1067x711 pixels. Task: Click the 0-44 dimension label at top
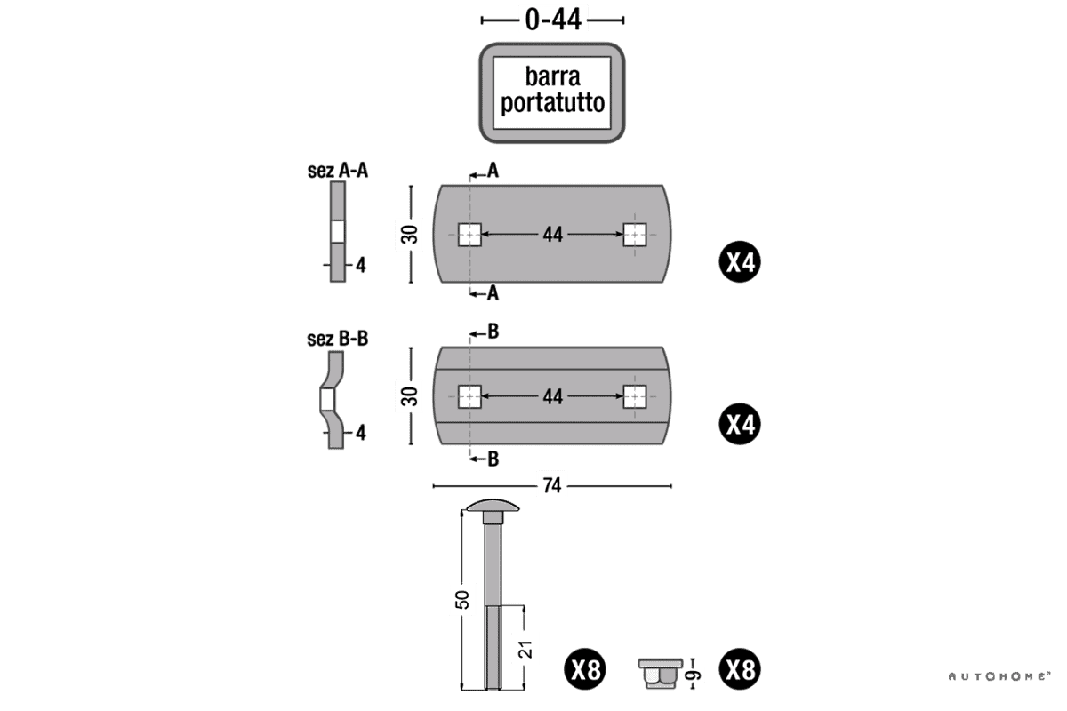pos(552,20)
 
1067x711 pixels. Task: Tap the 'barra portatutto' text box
pos(552,92)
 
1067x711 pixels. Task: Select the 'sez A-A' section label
pos(338,170)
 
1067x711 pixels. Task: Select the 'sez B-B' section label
pos(338,339)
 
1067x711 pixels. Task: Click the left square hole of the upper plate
pos(469,235)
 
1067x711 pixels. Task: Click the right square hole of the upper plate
pos(634,235)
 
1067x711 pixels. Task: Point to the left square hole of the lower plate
pos(469,396)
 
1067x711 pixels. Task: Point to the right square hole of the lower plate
pos(634,396)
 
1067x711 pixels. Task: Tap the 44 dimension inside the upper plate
pos(552,235)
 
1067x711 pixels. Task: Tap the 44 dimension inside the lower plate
pos(552,396)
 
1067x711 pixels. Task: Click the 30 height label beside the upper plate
pos(410,236)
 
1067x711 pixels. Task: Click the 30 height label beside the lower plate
pos(410,396)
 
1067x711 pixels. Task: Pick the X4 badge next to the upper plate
pos(740,262)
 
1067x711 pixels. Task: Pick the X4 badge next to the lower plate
pos(740,424)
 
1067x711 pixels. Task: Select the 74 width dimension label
pos(552,485)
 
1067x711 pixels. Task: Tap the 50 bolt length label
pos(462,598)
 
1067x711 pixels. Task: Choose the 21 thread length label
pos(525,649)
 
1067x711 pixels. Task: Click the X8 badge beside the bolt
pos(586,669)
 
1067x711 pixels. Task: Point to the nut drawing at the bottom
pos(660,673)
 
